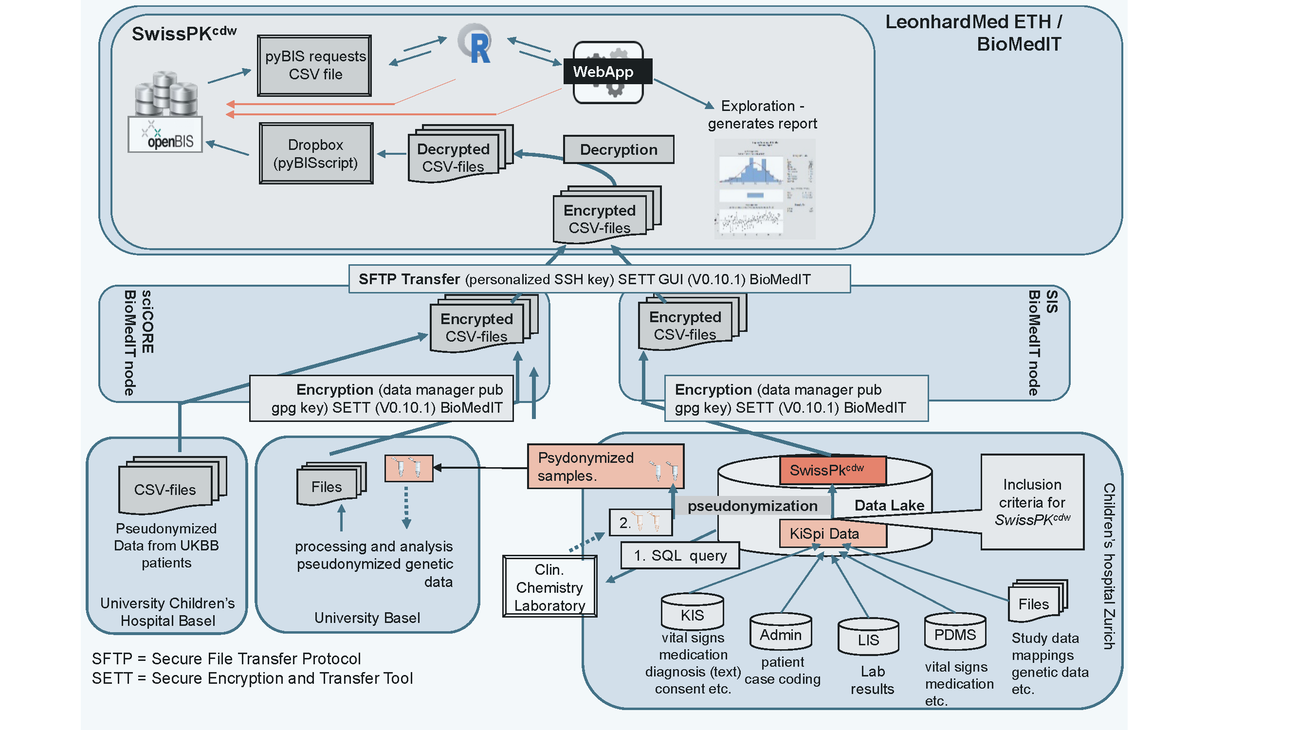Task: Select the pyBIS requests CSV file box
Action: click(315, 66)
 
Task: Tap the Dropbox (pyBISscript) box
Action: click(316, 154)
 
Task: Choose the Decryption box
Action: click(618, 149)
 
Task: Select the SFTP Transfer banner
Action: click(599, 279)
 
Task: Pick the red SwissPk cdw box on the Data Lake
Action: click(832, 470)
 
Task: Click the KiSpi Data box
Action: click(832, 534)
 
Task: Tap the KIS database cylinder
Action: click(693, 613)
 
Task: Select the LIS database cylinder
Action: click(868, 638)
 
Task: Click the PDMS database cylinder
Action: click(955, 633)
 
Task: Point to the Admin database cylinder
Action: click(781, 633)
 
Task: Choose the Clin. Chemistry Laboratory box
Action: click(549, 587)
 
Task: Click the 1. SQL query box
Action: click(680, 555)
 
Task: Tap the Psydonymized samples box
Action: click(605, 467)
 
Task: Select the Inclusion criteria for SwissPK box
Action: click(1032, 502)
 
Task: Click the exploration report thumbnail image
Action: click(765, 189)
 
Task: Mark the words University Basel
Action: click(367, 618)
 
